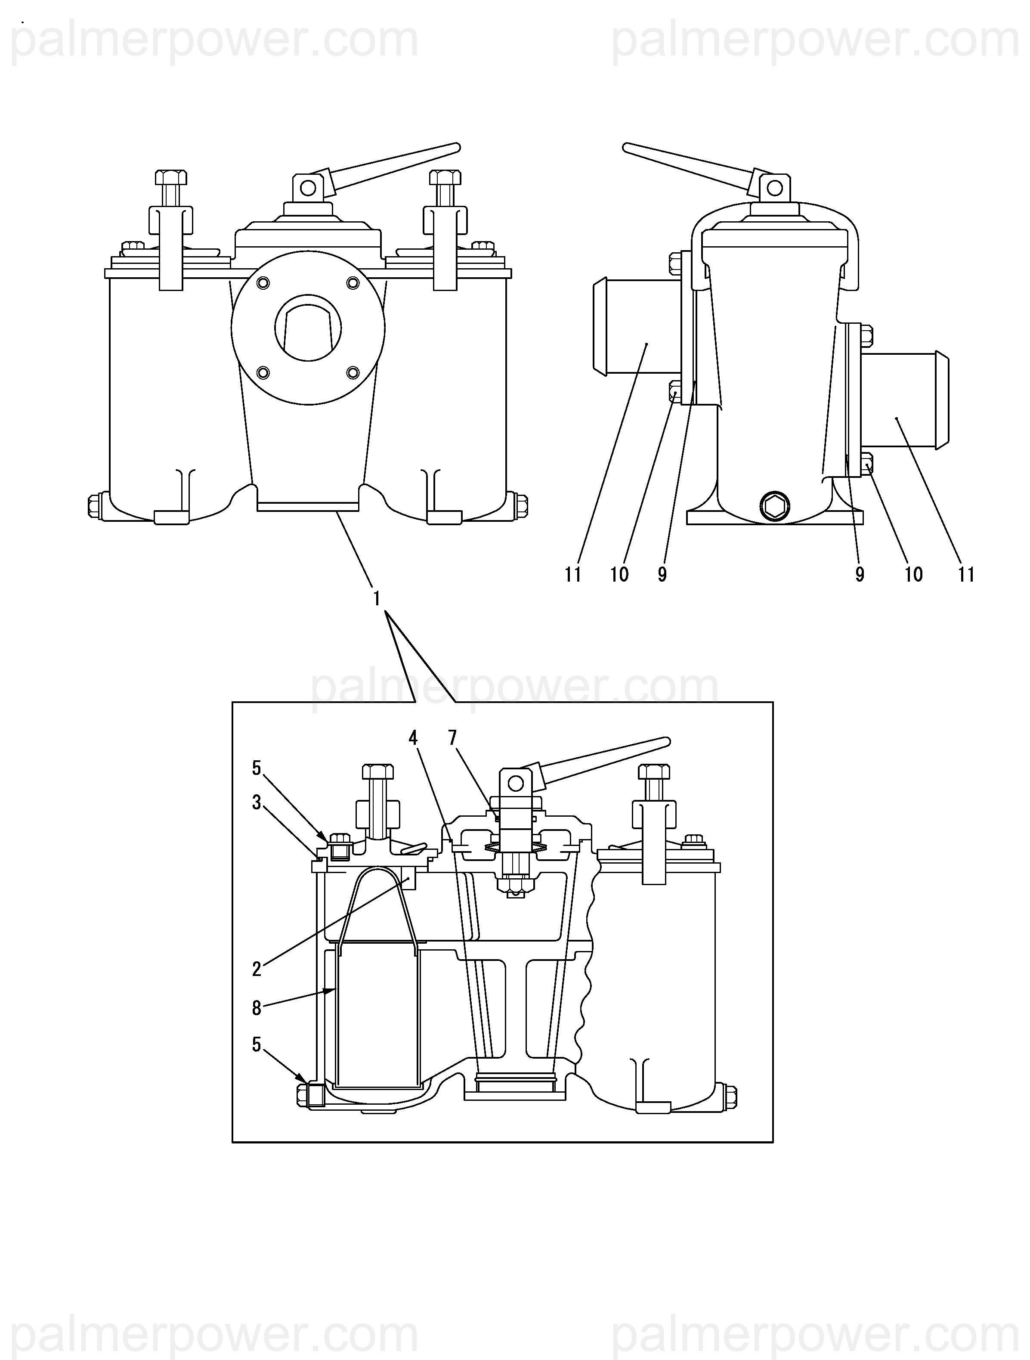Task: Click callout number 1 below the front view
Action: [x=377, y=598]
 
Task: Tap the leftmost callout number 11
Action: [x=573, y=575]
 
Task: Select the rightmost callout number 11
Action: [x=967, y=575]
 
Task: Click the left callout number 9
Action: [x=662, y=575]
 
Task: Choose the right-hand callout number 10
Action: [x=914, y=575]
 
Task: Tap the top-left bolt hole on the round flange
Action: [x=263, y=282]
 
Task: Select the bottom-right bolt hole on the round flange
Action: [x=353, y=372]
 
